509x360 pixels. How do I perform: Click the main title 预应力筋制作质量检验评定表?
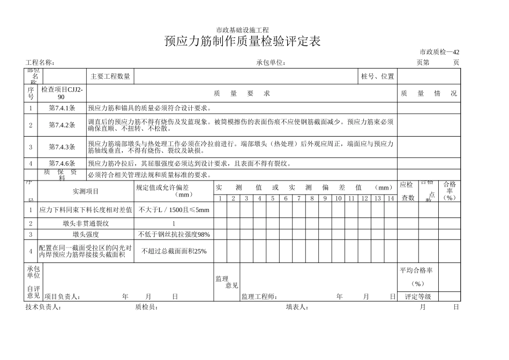(243, 42)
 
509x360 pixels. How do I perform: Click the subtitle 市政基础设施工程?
(242, 30)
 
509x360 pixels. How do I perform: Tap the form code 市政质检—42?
(439, 52)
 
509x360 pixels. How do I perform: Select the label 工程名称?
(40, 63)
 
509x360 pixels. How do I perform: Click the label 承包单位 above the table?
(271, 63)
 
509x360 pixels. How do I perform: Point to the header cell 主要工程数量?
(110, 77)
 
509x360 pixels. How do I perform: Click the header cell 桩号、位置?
(378, 77)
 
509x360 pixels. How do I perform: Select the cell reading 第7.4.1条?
(62, 108)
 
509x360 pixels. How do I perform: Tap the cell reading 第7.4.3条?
(62, 147)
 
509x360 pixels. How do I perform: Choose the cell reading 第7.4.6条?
(62, 164)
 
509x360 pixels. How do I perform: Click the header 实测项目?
(86, 191)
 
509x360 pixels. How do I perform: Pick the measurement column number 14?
(391, 199)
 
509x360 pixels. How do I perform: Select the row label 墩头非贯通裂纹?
(86, 223)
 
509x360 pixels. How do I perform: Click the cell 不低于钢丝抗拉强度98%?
(174, 235)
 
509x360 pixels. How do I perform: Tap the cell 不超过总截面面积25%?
(174, 251)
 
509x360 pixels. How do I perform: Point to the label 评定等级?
(418, 297)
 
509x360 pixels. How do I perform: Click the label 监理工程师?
(259, 297)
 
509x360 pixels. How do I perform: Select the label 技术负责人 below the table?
(43, 307)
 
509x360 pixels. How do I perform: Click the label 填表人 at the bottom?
(297, 307)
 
